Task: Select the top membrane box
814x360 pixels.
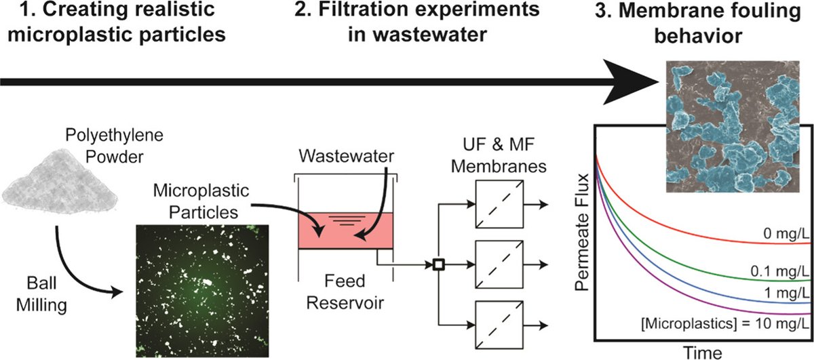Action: pyautogui.click(x=503, y=203)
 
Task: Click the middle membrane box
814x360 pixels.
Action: pyautogui.click(x=503, y=264)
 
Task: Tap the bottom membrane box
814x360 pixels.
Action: pyautogui.click(x=503, y=325)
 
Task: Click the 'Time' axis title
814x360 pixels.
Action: pyautogui.click(x=702, y=352)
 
